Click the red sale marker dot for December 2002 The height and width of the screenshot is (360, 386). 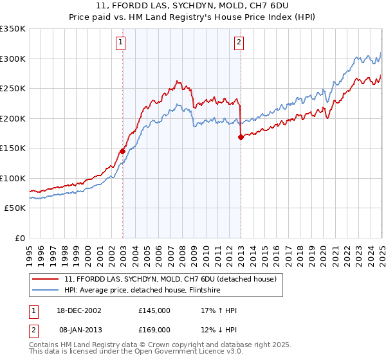tap(122, 152)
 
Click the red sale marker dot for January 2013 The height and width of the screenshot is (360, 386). tap(241, 137)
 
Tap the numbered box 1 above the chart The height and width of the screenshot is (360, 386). tap(121, 43)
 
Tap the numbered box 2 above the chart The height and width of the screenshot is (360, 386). tap(239, 43)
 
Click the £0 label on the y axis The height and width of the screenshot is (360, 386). tap(19, 238)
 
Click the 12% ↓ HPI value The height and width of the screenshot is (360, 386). tap(219, 329)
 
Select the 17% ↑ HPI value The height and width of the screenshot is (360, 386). tap(219, 310)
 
